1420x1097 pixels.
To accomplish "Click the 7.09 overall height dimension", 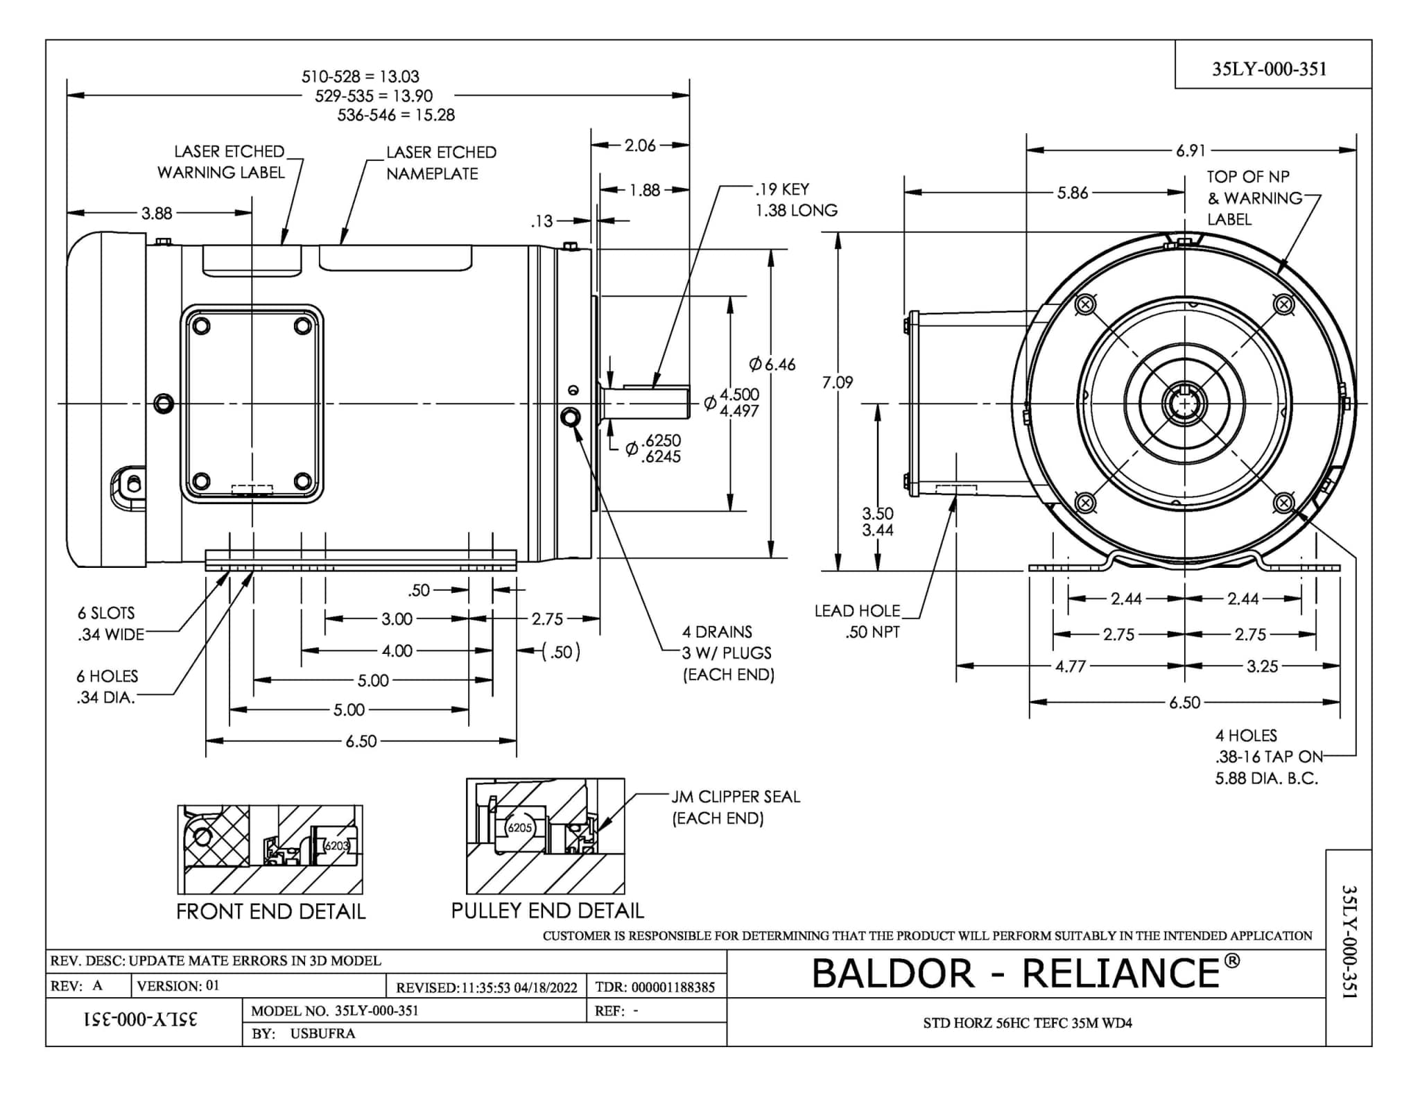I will (x=837, y=382).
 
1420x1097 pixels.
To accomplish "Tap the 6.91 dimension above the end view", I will (x=1190, y=150).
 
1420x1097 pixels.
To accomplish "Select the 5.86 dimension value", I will (x=1072, y=193).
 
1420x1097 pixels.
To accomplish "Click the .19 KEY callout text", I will (x=782, y=189).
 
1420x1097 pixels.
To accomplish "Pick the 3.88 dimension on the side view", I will (x=157, y=213).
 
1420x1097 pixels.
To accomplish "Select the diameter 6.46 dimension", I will (x=772, y=364).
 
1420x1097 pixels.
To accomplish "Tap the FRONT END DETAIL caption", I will (x=270, y=911).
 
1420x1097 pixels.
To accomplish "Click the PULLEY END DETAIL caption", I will (x=547, y=910).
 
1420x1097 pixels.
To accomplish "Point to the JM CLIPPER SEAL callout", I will (x=735, y=807).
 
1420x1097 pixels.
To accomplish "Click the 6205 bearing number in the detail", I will (x=519, y=828).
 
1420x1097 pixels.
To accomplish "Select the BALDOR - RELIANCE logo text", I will (x=1025, y=973).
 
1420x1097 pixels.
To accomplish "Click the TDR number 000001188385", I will (x=673, y=987).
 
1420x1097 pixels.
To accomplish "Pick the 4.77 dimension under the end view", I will (x=1070, y=666).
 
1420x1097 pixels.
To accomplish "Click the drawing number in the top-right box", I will (x=1269, y=69).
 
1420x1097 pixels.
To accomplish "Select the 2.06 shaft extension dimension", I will (x=639, y=145).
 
